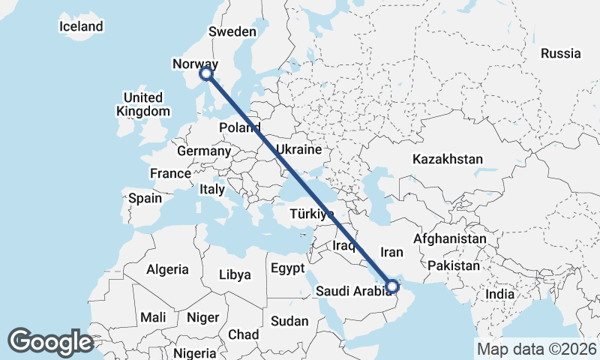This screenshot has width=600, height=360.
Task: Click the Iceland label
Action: tap(81, 27)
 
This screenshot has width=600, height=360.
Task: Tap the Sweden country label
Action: tap(232, 31)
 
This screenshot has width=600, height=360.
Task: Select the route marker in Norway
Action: tap(206, 73)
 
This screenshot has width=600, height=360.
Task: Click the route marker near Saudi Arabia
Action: tap(391, 285)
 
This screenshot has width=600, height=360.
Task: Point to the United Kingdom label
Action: tap(143, 104)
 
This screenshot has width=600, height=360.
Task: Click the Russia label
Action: tap(561, 53)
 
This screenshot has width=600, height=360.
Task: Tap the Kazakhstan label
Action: tap(447, 159)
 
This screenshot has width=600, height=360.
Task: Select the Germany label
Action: tap(204, 151)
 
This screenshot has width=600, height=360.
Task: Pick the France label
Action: tap(170, 173)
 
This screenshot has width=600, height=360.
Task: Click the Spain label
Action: tap(145, 199)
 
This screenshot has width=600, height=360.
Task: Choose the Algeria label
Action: tap(167, 268)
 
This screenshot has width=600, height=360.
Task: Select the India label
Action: tap(500, 294)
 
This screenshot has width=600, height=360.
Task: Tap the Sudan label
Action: tap(289, 321)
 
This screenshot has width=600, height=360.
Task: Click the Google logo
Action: tap(50, 342)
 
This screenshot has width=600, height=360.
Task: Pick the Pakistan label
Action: tap(453, 265)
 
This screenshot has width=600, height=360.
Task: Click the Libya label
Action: tap(235, 274)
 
